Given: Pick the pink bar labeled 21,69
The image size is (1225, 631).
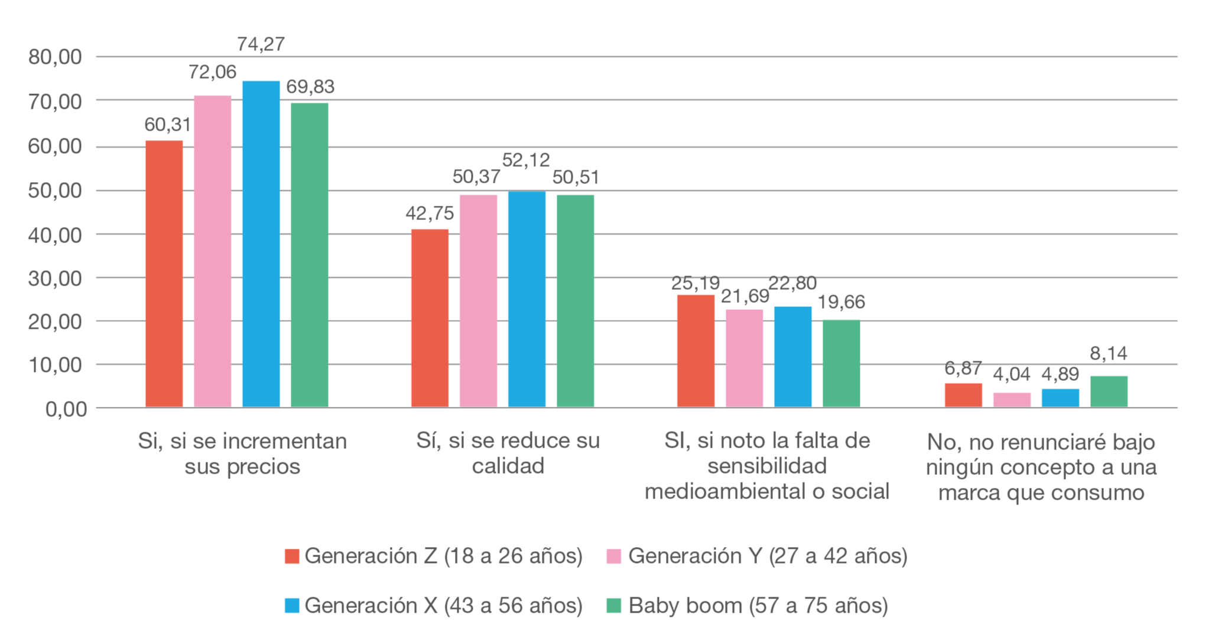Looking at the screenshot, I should point(744,358).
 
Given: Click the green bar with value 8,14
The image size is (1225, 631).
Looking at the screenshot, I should point(1109,391).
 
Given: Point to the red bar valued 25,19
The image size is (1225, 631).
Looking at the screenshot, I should point(696,351).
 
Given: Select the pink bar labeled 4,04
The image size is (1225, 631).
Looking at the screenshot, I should point(1012,400).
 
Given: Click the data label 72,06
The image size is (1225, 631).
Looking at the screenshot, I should point(212,72).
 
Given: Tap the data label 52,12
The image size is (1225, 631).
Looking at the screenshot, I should point(526,160).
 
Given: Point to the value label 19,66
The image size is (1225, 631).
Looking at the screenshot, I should point(841,302).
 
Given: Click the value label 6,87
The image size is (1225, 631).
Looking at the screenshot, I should point(963,368).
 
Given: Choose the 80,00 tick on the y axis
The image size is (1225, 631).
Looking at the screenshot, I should point(55,57).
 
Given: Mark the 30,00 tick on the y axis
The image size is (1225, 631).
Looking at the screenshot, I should point(55,279).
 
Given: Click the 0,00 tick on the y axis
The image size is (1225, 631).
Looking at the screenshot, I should point(66,409).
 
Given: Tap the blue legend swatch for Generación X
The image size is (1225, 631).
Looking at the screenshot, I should point(292,606).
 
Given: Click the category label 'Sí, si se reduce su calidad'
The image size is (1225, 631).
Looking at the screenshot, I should point(508,454).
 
